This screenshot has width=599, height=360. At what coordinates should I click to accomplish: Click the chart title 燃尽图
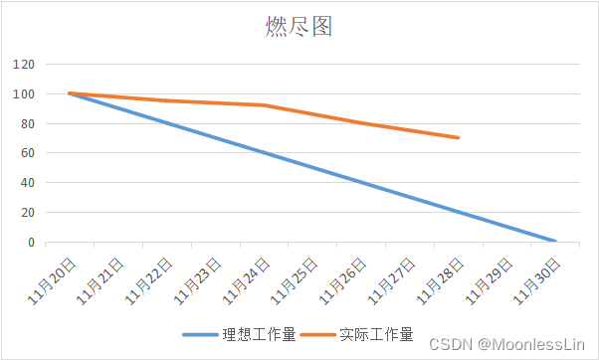(x=299, y=27)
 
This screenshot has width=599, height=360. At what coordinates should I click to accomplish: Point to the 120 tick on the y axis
(x=24, y=65)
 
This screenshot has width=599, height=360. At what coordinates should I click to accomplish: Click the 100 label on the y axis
(x=24, y=94)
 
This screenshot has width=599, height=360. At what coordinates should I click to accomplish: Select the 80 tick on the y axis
(x=27, y=124)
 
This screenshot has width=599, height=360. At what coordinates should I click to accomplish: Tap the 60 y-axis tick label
(x=27, y=153)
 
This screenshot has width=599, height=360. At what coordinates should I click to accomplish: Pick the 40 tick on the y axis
(x=27, y=183)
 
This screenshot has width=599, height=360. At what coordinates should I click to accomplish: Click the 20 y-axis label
(x=27, y=213)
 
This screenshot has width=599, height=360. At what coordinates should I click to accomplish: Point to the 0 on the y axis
(x=31, y=243)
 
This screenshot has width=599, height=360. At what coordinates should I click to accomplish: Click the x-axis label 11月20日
(x=53, y=279)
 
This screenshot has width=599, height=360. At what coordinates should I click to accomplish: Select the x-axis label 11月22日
(x=150, y=279)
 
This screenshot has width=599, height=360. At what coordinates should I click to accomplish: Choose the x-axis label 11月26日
(x=344, y=279)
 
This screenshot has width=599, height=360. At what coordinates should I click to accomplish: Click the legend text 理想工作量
(x=259, y=334)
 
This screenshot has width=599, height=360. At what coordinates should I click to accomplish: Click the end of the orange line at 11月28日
(x=458, y=138)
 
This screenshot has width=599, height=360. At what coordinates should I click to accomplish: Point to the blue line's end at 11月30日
(x=554, y=242)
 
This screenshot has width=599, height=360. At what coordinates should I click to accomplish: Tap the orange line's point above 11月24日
(x=263, y=105)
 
